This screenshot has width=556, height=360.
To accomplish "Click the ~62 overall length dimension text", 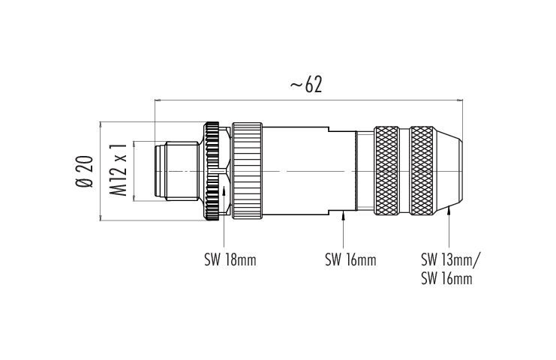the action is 306,85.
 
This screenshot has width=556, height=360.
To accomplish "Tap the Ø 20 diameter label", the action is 84,172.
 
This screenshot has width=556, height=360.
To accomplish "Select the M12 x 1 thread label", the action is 118,169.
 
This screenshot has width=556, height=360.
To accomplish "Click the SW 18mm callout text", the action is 230,260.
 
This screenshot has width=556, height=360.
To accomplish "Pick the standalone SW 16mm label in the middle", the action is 350,260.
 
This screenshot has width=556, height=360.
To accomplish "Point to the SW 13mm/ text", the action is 450,260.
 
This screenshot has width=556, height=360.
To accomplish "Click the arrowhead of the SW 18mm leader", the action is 224,191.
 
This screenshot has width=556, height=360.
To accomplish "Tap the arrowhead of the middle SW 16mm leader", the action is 343,214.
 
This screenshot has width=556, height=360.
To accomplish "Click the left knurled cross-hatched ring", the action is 386,170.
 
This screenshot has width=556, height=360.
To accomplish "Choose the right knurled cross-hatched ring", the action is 421,170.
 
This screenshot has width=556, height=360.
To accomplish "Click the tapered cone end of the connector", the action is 448,171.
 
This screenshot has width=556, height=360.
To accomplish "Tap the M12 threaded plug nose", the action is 176,172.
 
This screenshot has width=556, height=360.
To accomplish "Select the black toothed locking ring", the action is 212,172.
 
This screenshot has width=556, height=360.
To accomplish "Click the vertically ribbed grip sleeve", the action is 247,171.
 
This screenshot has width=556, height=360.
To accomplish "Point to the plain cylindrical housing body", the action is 309,171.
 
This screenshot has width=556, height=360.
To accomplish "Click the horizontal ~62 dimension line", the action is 309,100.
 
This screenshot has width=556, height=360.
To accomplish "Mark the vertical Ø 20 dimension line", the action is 101,172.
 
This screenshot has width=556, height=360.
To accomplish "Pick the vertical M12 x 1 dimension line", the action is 134,172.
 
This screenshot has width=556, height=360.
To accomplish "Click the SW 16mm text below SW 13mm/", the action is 446,278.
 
